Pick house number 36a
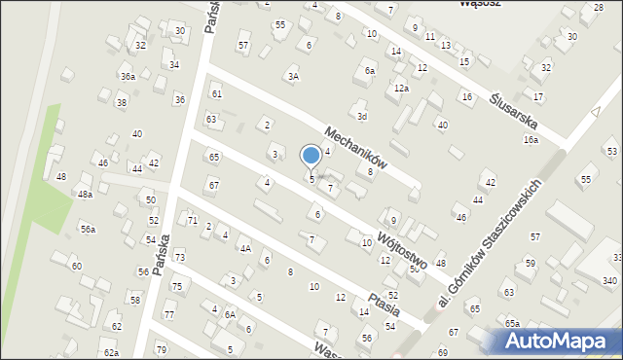(128, 76)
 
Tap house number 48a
(86, 195)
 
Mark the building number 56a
(88, 229)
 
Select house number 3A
(292, 75)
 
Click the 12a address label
(401, 89)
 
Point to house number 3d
(361, 117)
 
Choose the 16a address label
(531, 140)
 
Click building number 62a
(111, 352)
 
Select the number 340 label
(609, 280)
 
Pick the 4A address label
(246, 248)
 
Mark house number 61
(216, 93)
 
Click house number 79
(161, 349)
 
